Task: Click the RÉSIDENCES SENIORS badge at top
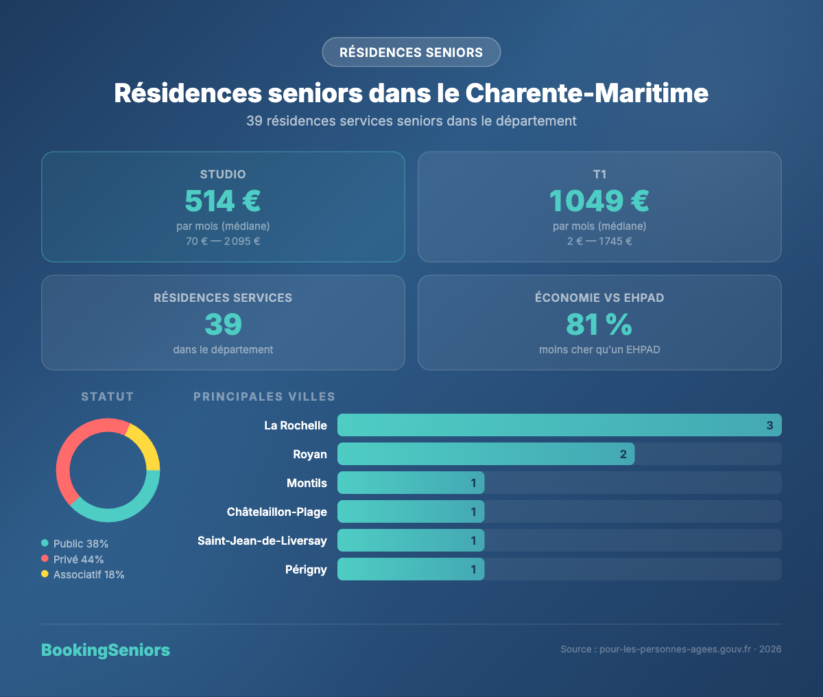(x=411, y=52)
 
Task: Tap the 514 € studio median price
(x=223, y=201)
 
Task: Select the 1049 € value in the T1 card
(x=599, y=201)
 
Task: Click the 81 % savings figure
(x=599, y=324)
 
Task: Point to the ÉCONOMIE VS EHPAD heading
(x=599, y=298)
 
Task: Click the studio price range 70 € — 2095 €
(x=223, y=241)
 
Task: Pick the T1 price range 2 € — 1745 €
(x=599, y=241)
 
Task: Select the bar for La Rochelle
(x=559, y=425)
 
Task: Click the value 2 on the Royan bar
(x=623, y=454)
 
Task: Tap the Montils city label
(x=307, y=483)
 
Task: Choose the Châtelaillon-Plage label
(x=277, y=512)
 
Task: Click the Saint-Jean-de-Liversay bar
(x=411, y=541)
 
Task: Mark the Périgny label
(x=306, y=569)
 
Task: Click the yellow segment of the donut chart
(x=145, y=445)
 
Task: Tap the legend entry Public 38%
(x=80, y=543)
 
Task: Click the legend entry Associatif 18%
(x=88, y=575)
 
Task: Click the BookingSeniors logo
(x=106, y=650)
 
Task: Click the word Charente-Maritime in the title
(x=586, y=93)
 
